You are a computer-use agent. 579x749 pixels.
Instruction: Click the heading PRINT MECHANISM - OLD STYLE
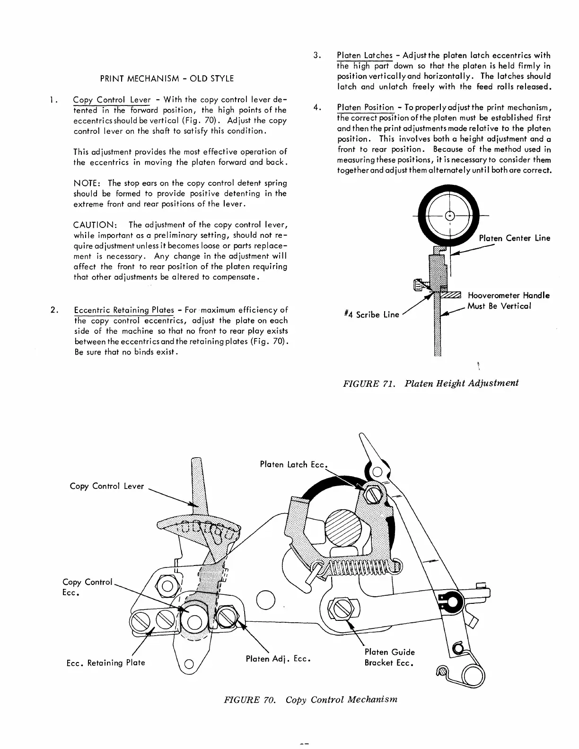167,78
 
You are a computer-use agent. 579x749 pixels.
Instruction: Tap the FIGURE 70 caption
310,699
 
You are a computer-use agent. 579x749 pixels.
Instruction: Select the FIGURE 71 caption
430,383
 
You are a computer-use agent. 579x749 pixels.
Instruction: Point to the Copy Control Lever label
106,486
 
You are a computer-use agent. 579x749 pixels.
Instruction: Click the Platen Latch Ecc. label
293,465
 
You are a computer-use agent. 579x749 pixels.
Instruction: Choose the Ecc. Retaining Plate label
105,662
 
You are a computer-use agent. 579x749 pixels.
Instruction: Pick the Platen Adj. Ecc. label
278,659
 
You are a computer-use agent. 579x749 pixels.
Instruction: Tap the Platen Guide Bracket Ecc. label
389,657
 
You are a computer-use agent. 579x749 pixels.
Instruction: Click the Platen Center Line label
514,238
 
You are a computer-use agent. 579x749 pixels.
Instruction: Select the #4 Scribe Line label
371,314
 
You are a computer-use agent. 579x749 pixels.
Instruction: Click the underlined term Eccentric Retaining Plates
124,310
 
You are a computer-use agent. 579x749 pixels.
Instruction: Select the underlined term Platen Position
365,108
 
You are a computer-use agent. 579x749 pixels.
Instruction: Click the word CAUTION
92,225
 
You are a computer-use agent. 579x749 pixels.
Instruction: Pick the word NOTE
85,183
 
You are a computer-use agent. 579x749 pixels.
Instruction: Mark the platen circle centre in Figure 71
450,215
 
